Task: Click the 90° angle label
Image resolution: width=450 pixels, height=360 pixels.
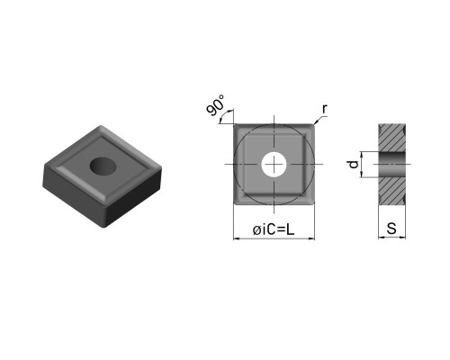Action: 215,105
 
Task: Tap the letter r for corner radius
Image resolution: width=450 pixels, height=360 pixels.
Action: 324,109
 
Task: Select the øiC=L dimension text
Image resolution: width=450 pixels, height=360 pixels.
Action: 274,229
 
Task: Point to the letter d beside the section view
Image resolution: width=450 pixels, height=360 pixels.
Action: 354,165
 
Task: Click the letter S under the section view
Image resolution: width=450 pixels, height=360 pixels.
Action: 391,229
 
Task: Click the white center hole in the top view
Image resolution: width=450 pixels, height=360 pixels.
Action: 274,164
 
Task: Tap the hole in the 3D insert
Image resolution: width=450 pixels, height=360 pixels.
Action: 103,166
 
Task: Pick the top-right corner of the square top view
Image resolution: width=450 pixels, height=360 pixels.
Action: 314,124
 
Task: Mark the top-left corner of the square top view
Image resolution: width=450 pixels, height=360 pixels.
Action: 234,124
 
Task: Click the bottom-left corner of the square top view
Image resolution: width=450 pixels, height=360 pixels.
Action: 234,205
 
